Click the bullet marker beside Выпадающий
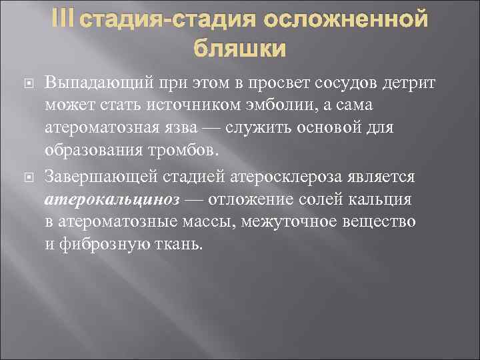(27, 83)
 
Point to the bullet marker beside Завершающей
(27, 177)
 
